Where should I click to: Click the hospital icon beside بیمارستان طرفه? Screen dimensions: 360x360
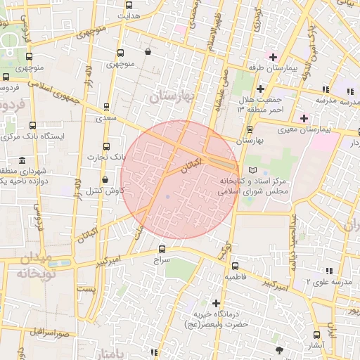pyautogui.click(x=273, y=56)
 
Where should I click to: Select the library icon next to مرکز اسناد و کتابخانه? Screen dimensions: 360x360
pyautogui.click(x=253, y=170)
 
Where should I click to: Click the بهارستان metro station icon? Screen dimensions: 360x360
pyautogui.click(x=250, y=129)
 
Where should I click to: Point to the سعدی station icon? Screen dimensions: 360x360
pyautogui.click(x=106, y=108)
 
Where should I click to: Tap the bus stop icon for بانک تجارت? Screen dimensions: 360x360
pyautogui.click(x=106, y=147)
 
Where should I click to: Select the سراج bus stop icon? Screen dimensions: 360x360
pyautogui.click(x=162, y=249)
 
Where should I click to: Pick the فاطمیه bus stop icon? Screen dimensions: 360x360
pyautogui.click(x=235, y=266)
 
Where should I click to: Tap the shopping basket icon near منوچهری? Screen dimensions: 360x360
pyautogui.click(x=148, y=51)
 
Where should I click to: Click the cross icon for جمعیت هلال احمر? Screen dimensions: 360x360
pyautogui.click(x=260, y=89)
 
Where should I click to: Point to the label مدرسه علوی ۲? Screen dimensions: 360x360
pyautogui.click(x=328, y=282)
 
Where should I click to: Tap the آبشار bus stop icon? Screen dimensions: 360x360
pyautogui.click(x=317, y=335)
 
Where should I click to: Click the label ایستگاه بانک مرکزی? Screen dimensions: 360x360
pyautogui.click(x=38, y=135)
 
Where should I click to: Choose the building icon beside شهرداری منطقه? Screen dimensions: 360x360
pyautogui.click(x=22, y=160)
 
